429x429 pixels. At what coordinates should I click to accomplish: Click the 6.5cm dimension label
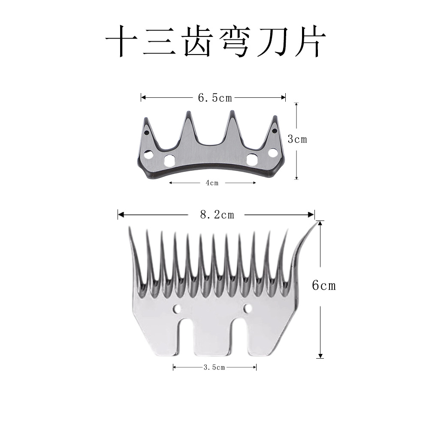(x=214, y=98)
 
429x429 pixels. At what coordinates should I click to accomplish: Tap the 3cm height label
(x=297, y=139)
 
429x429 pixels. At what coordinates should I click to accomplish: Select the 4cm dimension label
(x=212, y=183)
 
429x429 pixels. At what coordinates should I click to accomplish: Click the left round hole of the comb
(x=176, y=308)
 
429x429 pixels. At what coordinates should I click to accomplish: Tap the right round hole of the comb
(x=248, y=308)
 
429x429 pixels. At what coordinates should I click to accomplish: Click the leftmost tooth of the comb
(x=134, y=253)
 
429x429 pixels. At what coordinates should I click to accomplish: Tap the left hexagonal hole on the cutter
(x=169, y=160)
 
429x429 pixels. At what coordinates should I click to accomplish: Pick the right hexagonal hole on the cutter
(x=252, y=160)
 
